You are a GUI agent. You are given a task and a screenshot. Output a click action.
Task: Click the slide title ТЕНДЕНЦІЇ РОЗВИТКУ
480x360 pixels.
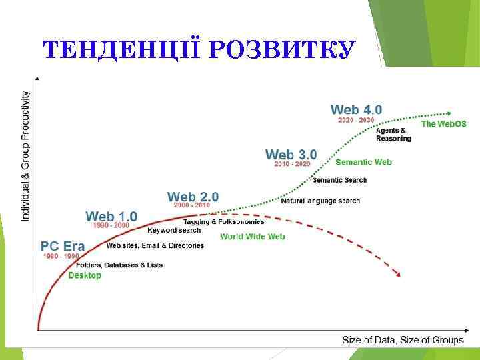(197, 50)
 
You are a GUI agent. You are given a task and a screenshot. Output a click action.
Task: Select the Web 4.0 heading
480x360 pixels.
(356, 109)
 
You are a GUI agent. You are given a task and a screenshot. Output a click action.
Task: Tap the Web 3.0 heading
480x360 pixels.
(291, 155)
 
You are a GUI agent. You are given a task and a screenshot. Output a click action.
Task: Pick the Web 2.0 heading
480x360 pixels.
(193, 197)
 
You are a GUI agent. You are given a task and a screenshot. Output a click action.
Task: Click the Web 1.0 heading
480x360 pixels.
(111, 216)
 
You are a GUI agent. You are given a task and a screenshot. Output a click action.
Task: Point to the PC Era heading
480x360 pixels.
(63, 246)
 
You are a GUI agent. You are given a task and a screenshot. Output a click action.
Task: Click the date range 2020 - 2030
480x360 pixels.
(356, 120)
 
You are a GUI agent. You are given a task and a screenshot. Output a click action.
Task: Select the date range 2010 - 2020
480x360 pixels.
(292, 164)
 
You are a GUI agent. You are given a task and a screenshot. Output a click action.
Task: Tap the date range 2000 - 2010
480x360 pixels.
(191, 205)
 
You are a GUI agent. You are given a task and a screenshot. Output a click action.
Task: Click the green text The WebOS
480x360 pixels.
(443, 124)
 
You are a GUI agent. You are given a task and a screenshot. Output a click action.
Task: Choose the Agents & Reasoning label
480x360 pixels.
(393, 134)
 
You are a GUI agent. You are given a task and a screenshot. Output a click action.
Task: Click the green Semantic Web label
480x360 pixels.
(363, 162)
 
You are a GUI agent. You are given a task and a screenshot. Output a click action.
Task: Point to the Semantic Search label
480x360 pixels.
(339, 180)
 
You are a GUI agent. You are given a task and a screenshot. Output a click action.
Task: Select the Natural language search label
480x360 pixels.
(320, 201)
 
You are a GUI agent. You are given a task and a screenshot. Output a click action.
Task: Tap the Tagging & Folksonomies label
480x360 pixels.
(223, 221)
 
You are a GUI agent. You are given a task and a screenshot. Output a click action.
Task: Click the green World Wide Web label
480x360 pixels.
(252, 237)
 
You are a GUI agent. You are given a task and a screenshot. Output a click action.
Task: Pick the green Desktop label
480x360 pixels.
(85, 275)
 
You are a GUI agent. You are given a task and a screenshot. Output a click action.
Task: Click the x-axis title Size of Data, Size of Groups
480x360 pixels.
(403, 340)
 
